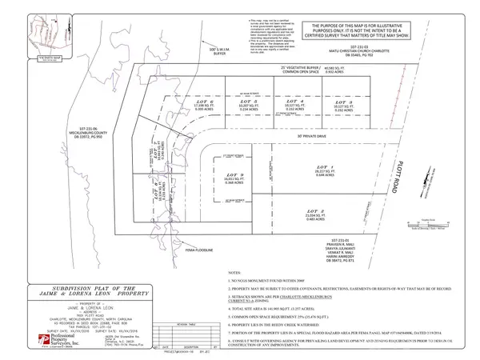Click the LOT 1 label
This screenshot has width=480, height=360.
pyautogui.click(x=325, y=166)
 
